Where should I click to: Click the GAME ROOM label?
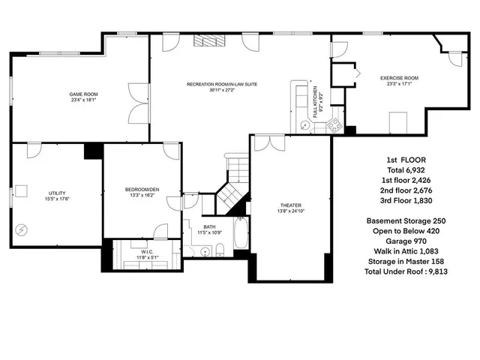point(85,94)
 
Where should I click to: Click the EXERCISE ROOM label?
point(399,77)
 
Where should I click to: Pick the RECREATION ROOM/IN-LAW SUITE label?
point(222,84)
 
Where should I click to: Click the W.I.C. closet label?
point(147,251)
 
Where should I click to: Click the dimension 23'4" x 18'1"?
point(85,100)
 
